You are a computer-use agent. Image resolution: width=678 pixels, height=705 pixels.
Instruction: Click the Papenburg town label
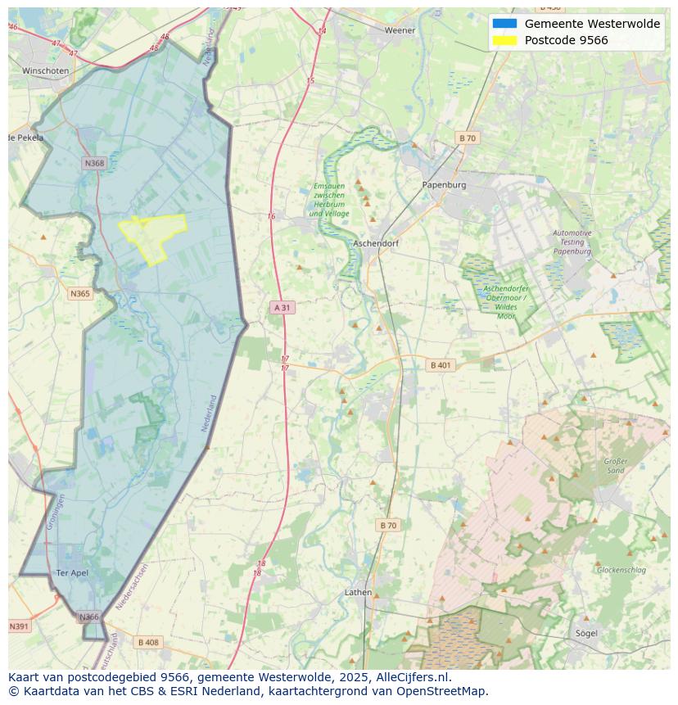444,185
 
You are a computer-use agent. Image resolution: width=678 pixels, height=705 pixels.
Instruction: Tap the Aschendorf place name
375,244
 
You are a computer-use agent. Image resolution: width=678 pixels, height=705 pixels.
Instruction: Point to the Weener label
400,30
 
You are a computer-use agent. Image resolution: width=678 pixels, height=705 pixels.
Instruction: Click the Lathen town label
358,592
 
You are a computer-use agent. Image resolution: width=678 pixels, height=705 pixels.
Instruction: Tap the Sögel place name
586,633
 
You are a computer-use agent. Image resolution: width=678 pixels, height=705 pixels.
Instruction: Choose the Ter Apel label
71,572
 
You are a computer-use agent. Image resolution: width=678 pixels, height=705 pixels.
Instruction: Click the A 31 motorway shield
281,307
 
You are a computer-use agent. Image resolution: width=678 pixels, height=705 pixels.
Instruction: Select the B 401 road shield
441,365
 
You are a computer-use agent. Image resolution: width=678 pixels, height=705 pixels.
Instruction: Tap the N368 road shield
95,163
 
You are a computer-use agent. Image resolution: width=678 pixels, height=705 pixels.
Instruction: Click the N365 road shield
80,293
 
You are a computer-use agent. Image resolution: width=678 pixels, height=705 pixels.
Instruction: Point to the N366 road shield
88,617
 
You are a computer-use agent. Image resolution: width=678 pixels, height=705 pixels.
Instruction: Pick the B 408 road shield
148,642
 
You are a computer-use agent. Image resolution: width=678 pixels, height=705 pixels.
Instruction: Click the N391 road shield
19,626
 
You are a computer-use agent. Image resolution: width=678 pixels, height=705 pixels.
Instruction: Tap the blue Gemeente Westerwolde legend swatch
505,24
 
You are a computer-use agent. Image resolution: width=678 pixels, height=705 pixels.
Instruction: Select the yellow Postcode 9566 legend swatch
505,40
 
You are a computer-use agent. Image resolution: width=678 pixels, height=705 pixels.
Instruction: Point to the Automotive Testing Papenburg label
572,242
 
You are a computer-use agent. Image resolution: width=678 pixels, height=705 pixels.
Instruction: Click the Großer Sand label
615,466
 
